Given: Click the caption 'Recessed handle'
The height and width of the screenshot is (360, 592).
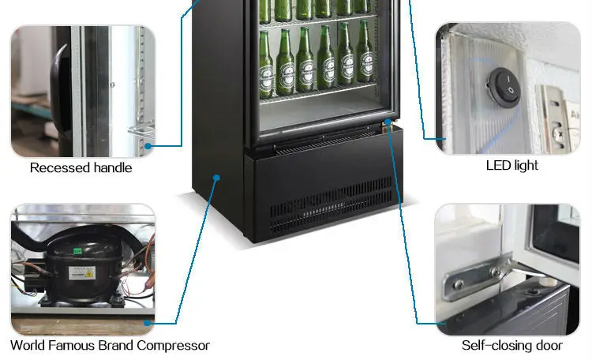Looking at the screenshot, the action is (x=81, y=167).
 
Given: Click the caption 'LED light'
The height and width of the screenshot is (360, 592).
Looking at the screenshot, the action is (x=511, y=166).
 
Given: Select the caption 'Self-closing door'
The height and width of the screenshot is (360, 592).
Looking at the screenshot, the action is (x=511, y=346).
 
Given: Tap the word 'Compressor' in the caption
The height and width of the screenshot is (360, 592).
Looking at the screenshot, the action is (x=172, y=345).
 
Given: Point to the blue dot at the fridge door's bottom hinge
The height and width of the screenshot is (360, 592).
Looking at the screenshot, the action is (x=388, y=122).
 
